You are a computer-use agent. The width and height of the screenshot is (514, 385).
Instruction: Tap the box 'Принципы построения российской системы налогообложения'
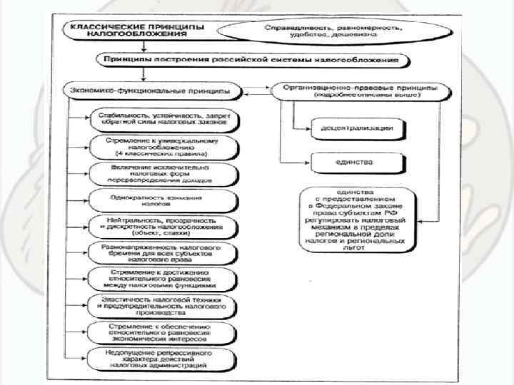pyautogui.click(x=253, y=60)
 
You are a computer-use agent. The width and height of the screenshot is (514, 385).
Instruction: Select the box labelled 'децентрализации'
pyautogui.click(x=356, y=128)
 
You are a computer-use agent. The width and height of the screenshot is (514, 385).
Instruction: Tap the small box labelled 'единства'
pyautogui.click(x=356, y=163)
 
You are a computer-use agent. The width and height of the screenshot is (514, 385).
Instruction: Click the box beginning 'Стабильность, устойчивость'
pyautogui.click(x=163, y=118)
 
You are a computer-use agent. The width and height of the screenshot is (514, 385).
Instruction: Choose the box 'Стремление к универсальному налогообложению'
pyautogui.click(x=163, y=147)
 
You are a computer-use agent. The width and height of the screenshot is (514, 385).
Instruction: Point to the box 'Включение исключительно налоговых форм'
pyautogui.click(x=163, y=173)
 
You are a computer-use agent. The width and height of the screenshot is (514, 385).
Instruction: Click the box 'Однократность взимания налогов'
pyautogui.click(x=163, y=200)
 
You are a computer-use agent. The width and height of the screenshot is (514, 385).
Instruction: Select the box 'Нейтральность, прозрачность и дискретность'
pyautogui.click(x=163, y=227)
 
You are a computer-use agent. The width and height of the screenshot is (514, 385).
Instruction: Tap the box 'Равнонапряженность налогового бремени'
pyautogui.click(x=163, y=252)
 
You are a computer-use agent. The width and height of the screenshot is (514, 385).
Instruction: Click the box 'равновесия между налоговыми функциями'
pyautogui.click(x=163, y=279)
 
